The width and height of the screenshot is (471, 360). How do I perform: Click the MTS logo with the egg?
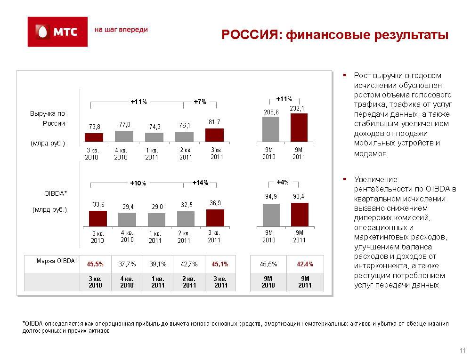[x=57, y=32]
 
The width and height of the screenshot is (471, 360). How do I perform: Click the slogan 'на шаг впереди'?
[x=121, y=30]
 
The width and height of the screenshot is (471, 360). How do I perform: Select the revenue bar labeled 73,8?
[x=94, y=137]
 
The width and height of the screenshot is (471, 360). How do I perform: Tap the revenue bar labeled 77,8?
[x=124, y=136]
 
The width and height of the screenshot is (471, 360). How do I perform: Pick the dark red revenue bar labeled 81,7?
[x=214, y=135]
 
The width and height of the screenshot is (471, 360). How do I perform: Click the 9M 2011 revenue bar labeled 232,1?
[x=299, y=128]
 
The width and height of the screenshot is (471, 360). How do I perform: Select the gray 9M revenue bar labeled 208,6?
[x=271, y=129]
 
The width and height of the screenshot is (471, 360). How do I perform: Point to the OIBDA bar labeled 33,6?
[x=98, y=219]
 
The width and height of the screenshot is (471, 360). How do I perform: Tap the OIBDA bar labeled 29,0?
[x=156, y=220]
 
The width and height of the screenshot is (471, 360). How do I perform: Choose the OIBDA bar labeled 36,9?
[x=215, y=218]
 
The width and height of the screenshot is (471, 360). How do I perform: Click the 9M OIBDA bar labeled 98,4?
[x=300, y=215]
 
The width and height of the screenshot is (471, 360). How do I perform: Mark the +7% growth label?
[x=200, y=102]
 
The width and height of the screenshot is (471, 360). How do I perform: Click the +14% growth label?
[x=200, y=183]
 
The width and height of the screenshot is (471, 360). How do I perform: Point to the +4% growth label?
[x=282, y=182]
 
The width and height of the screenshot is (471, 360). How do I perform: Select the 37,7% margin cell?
[x=127, y=264]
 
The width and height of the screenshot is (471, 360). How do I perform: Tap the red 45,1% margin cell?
[x=220, y=264]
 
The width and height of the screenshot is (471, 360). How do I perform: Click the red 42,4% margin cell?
[x=305, y=264]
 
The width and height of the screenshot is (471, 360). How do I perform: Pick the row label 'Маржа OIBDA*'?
[x=57, y=261]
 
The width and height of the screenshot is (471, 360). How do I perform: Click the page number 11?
[x=463, y=351]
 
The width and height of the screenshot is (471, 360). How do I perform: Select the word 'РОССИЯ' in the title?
[x=250, y=35]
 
